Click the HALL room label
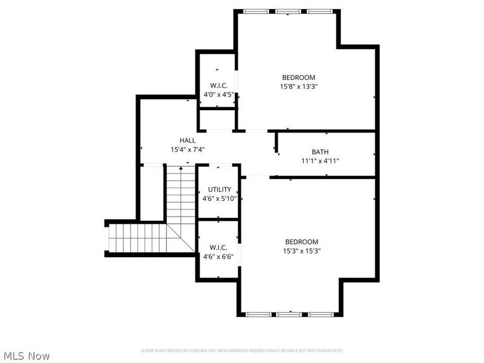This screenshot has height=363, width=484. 187,140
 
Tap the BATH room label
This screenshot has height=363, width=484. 320,152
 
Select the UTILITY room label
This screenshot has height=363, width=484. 219,189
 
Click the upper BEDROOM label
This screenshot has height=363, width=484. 298,77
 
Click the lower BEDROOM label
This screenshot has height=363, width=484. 301,242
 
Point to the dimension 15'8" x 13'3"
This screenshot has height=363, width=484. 298,87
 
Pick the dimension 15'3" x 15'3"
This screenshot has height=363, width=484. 301,251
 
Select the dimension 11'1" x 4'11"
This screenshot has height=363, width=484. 320,161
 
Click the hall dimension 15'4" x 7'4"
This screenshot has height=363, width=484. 187,149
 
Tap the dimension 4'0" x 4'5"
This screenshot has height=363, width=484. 218,94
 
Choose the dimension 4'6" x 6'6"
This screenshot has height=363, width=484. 218,256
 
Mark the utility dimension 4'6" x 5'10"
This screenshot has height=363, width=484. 219,198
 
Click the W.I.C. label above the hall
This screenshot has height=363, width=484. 218,85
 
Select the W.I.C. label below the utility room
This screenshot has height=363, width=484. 218,247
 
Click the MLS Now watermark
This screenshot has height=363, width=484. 27,356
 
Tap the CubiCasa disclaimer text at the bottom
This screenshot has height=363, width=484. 242,350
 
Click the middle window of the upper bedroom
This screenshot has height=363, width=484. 289,11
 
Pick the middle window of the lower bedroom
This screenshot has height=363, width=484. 289,314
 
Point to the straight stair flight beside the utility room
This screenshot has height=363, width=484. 181,194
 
